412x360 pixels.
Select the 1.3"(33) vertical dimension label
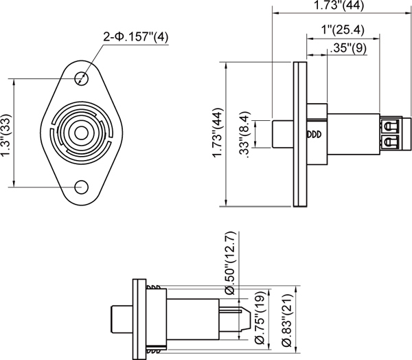pos(6,136)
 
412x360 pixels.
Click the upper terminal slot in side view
pos(389,126)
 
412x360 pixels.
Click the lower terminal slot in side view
pos(389,142)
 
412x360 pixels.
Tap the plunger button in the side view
pos(282,133)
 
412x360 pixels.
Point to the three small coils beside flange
pos(313,134)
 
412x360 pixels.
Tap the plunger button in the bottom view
pos(122,318)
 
